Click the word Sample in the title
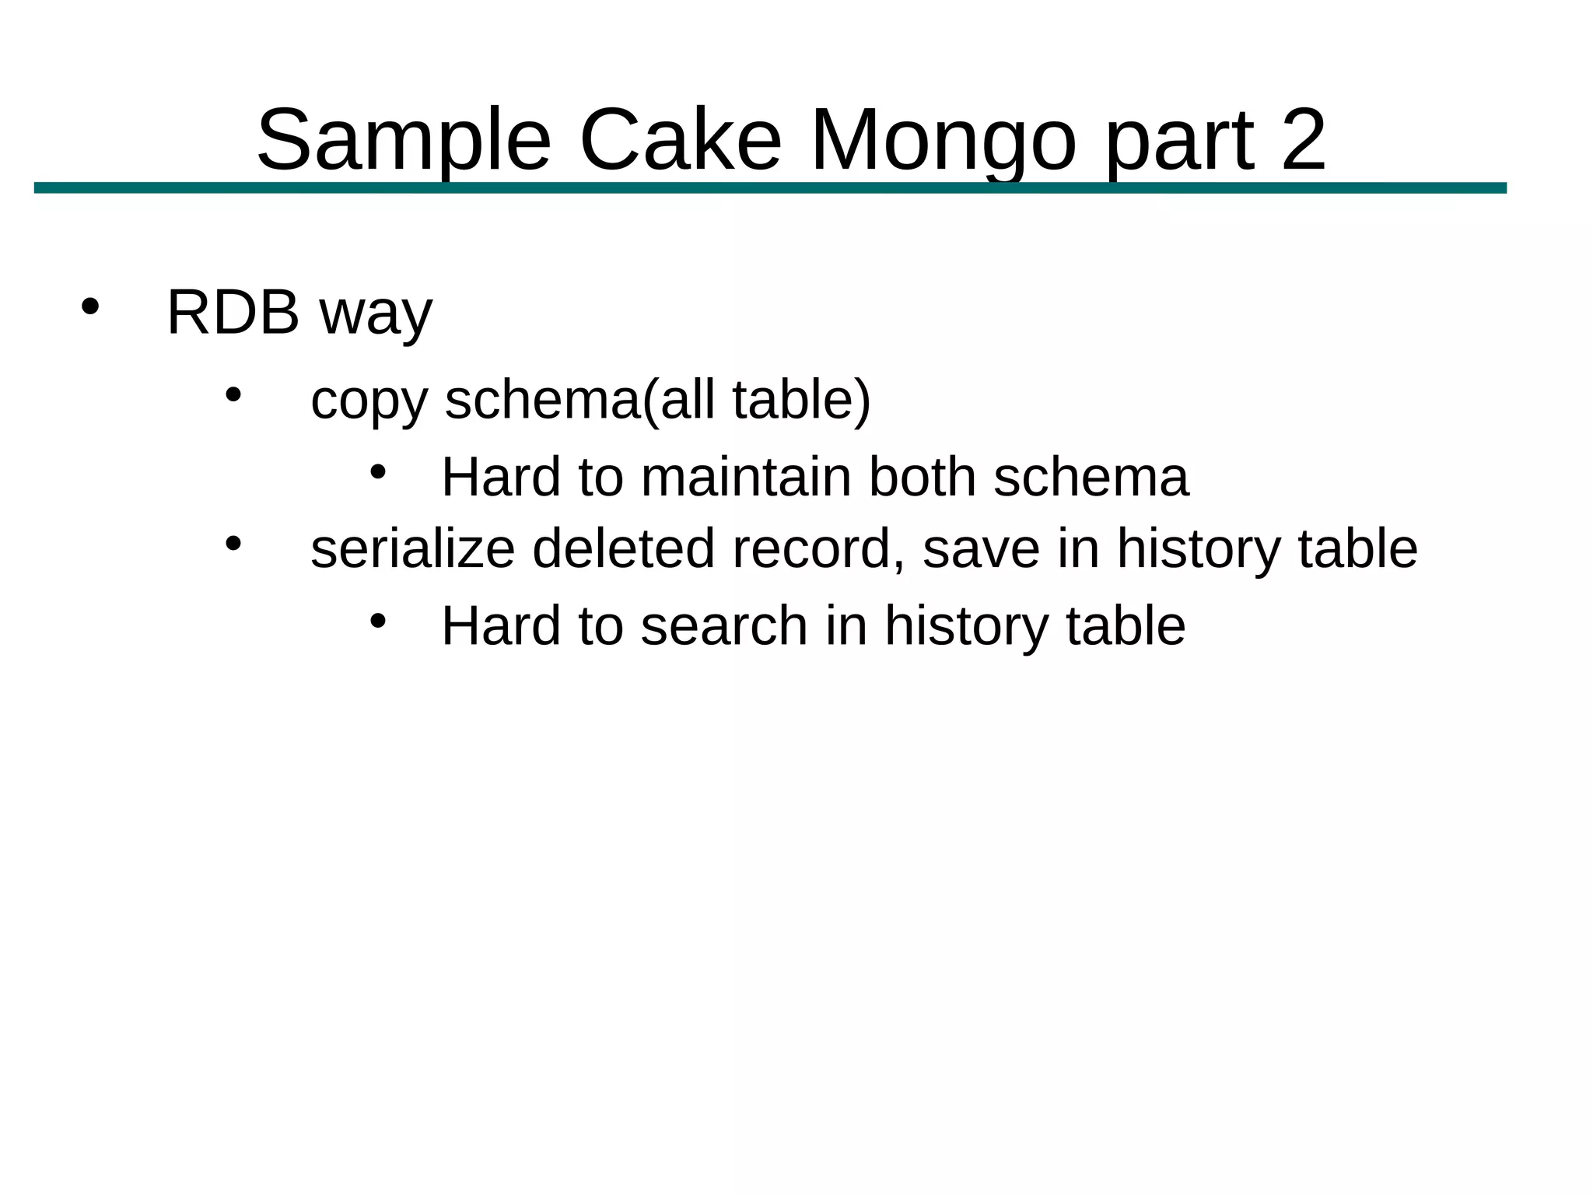coord(404,142)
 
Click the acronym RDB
coord(233,313)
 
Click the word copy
coord(369,401)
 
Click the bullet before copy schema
coord(233,394)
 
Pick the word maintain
coord(746,477)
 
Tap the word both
coord(922,477)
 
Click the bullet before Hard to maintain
coord(378,471)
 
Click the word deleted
coord(623,548)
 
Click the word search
coord(724,625)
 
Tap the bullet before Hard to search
coord(378,620)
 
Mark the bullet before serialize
coord(233,543)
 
